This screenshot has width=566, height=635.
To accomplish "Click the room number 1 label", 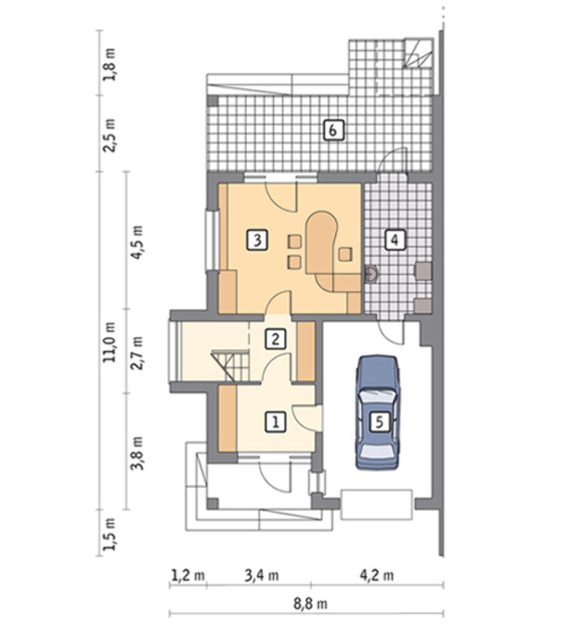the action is click(276, 422).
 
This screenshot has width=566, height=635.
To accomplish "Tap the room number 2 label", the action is click(276, 339).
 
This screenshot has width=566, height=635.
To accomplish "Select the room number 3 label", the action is click(257, 240).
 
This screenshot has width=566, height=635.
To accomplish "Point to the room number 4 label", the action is click(395, 240).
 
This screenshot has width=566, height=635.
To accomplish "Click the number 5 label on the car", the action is click(379, 422).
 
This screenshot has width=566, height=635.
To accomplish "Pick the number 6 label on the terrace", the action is click(334, 130).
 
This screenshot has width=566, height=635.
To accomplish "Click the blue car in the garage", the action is click(377, 412).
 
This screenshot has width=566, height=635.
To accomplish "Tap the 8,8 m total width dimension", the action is click(311, 604).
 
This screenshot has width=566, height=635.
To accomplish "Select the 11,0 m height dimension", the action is click(110, 342).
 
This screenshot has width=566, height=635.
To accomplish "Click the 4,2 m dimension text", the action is click(377, 575).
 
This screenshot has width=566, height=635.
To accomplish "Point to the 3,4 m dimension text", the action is click(262, 575).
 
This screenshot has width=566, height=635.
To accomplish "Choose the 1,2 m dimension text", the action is click(188, 575).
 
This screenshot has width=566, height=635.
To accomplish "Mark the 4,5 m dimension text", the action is click(137, 242).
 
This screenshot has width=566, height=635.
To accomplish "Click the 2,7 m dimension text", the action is click(137, 352).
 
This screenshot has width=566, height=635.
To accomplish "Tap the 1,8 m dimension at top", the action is click(110, 65).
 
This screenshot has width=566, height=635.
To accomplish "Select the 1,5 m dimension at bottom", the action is click(110, 534).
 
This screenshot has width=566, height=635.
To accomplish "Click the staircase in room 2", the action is click(229, 366).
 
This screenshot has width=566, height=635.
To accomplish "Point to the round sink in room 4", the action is click(371, 274).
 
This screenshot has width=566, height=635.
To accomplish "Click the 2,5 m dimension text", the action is click(110, 135).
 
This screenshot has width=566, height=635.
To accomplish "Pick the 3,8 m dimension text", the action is click(137, 453).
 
